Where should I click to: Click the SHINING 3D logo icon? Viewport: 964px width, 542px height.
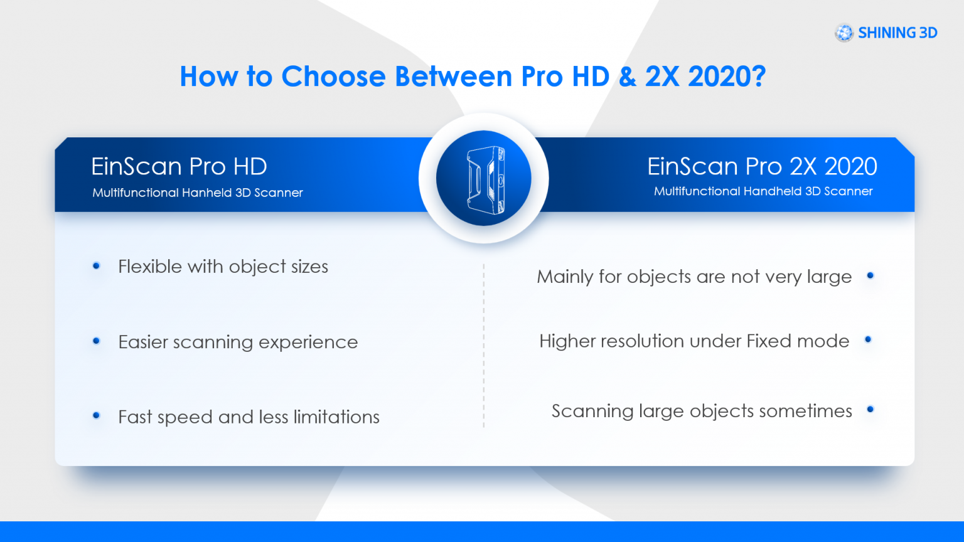click(x=844, y=33)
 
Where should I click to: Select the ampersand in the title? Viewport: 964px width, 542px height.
click(x=627, y=77)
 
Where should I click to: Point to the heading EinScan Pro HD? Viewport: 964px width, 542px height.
click(x=179, y=166)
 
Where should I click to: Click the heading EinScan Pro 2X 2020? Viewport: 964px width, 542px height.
click(x=762, y=166)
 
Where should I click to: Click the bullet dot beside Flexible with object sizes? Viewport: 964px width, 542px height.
click(x=96, y=266)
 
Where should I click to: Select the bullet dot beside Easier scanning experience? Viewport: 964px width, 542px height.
click(x=96, y=341)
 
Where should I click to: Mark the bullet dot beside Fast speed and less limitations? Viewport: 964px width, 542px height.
click(x=96, y=415)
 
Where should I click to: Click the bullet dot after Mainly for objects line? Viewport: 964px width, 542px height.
click(x=870, y=275)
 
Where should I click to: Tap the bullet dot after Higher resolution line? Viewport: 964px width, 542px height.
click(x=869, y=339)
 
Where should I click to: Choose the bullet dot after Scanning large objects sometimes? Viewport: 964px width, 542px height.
click(x=870, y=410)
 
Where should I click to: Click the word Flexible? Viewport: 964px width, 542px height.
click(x=150, y=267)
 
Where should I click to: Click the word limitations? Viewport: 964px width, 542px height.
click(x=336, y=417)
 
